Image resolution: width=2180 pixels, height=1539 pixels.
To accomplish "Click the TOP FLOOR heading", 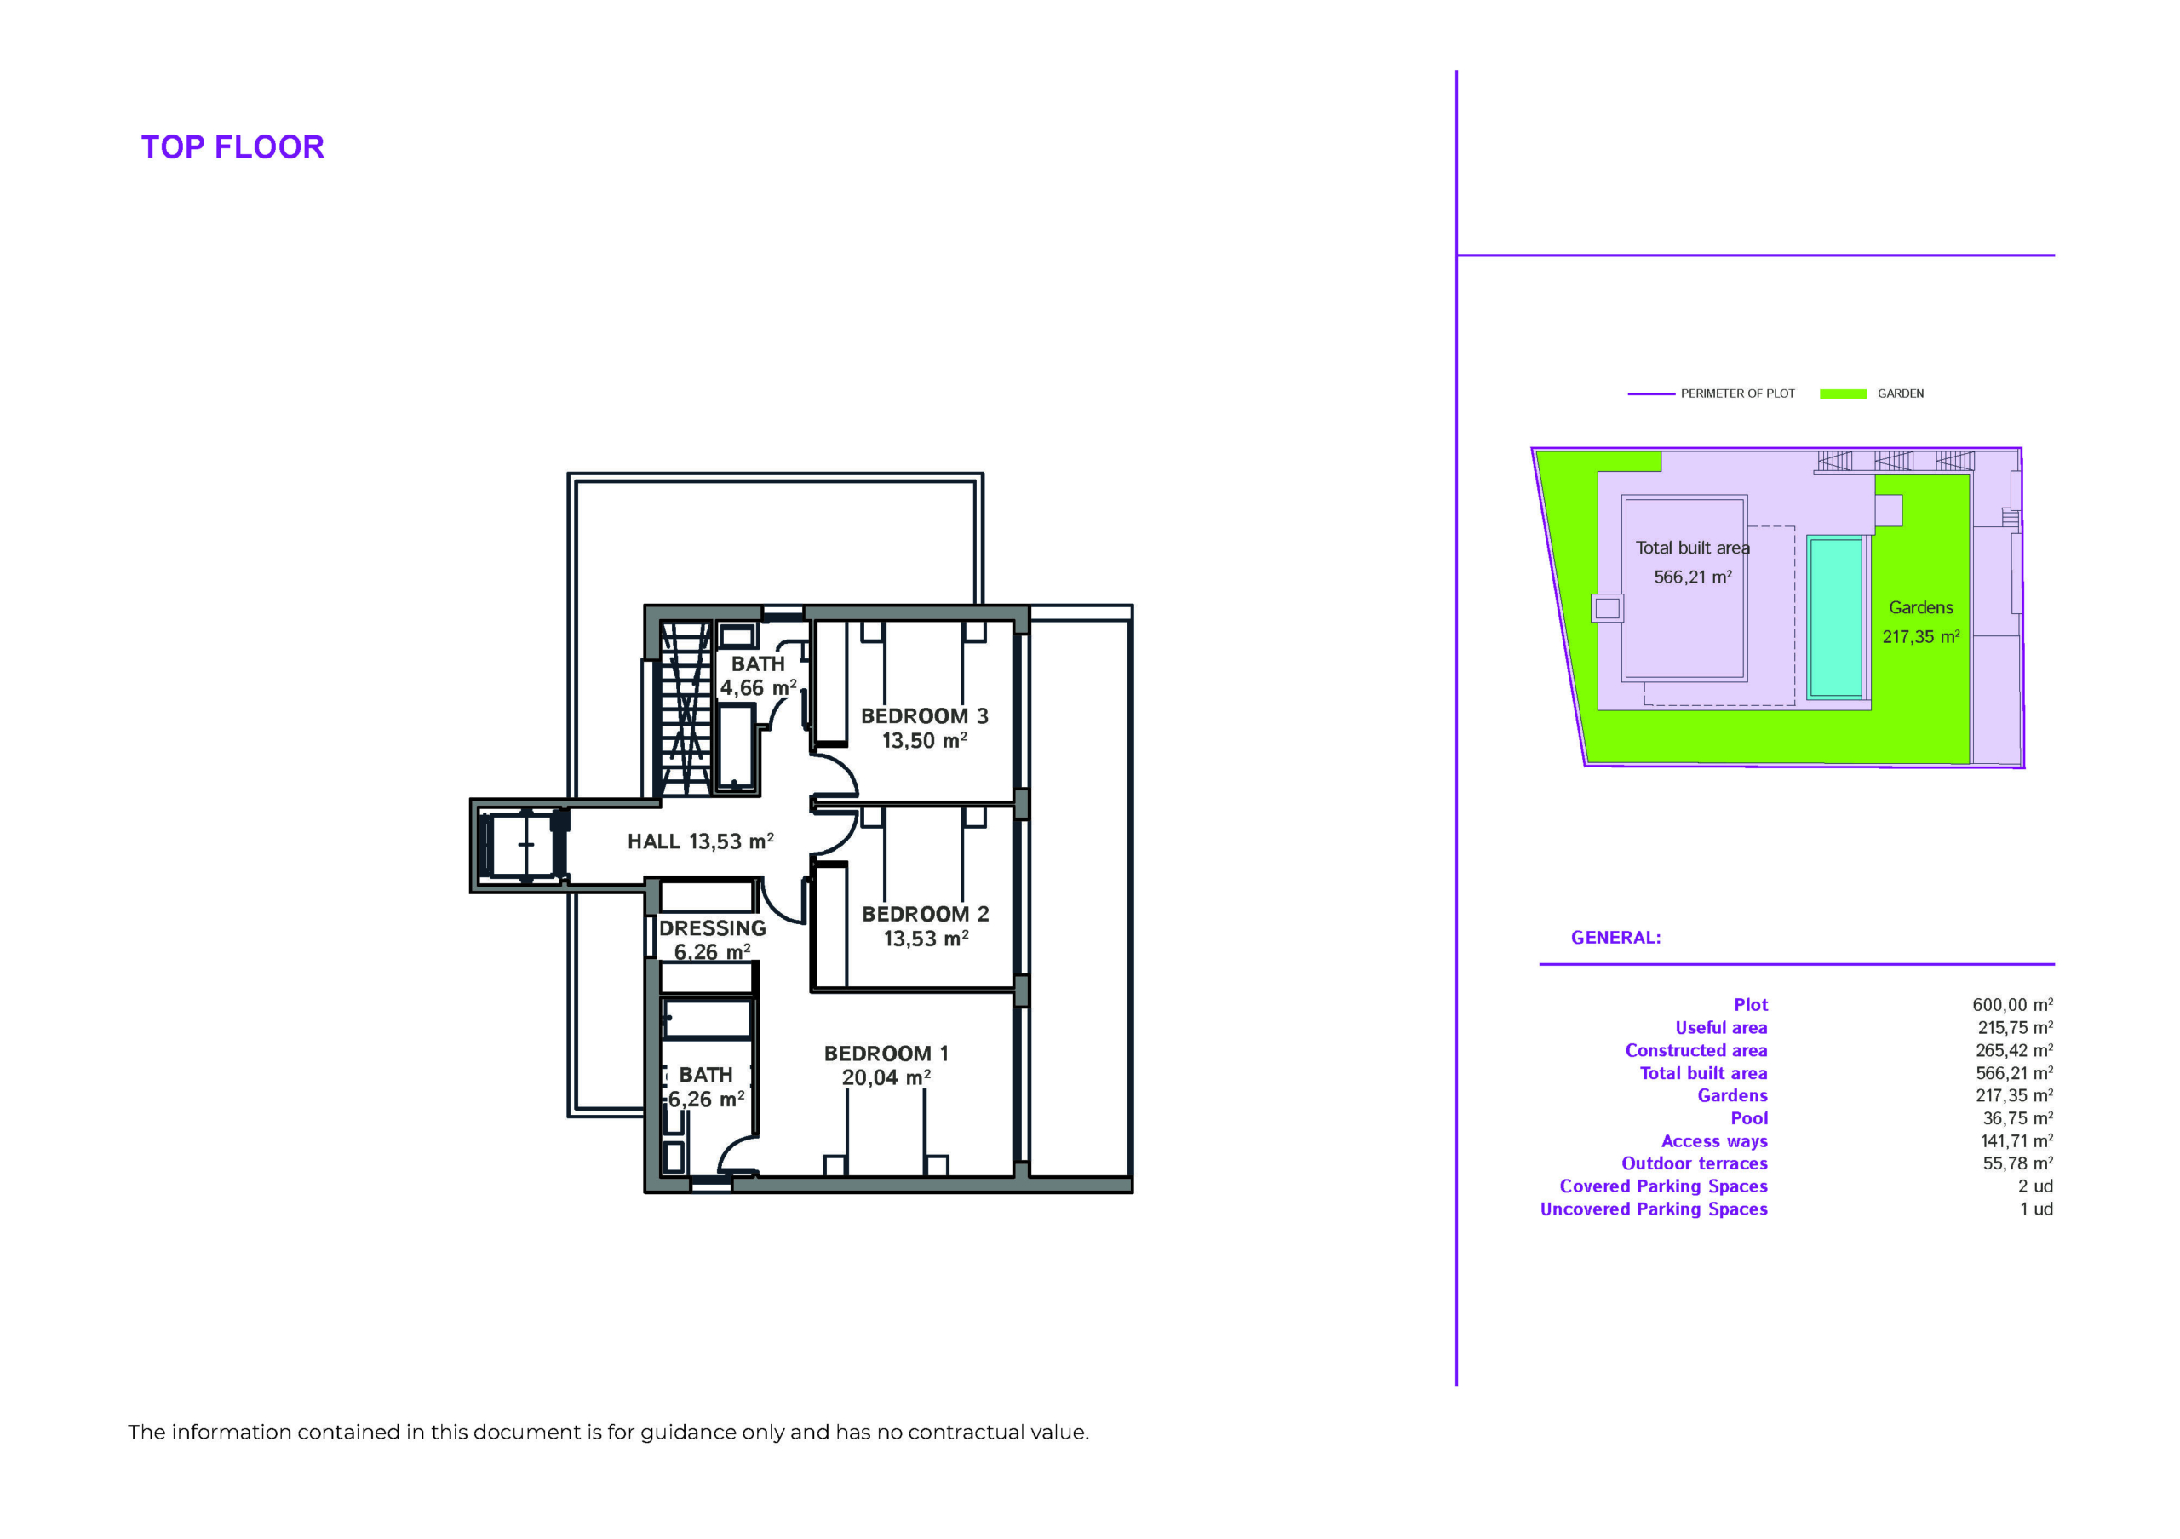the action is click(x=232, y=147).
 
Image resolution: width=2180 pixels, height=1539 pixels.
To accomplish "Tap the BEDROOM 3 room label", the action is click(x=925, y=716).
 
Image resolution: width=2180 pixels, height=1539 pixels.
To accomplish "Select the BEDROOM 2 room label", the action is click(x=926, y=914).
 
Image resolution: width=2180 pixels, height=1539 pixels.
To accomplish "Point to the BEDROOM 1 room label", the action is click(x=886, y=1054).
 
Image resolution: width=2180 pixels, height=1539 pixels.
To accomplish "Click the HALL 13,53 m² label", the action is click(x=701, y=841).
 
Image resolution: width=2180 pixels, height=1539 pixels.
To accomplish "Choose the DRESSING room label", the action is click(x=712, y=928).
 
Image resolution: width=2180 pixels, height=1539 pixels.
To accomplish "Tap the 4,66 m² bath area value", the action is click(x=758, y=687).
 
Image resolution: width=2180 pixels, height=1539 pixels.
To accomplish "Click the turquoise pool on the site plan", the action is click(x=1835, y=617).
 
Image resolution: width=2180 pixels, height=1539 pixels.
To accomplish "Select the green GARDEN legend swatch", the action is click(x=1843, y=394).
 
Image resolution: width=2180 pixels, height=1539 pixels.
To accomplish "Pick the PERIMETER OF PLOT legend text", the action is click(x=1737, y=394).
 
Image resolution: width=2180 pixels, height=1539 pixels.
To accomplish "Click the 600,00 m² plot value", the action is click(x=2013, y=1004).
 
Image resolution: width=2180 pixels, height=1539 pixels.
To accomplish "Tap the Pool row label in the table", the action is click(x=1749, y=1118).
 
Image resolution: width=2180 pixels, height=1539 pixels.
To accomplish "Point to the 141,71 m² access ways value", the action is click(x=2016, y=1141).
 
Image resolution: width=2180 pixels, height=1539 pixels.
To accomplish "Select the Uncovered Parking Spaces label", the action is click(x=1654, y=1209).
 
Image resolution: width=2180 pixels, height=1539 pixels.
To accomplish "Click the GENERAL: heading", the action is click(x=1616, y=938).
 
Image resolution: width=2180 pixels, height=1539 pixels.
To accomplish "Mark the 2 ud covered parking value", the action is click(x=2036, y=1186).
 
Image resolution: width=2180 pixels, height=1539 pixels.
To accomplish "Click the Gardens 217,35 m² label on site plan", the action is click(x=1921, y=622).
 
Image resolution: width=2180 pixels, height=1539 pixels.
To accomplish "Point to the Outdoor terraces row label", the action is click(x=1695, y=1164).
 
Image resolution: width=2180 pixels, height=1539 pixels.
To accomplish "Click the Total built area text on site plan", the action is click(x=1692, y=548).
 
